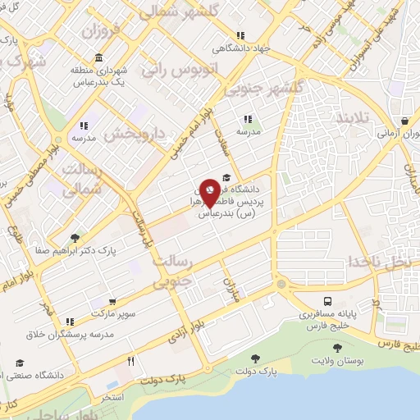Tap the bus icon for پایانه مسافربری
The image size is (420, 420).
(x=327, y=301)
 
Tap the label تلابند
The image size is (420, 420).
(x=353, y=119)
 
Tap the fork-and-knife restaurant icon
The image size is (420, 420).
(x=130, y=361)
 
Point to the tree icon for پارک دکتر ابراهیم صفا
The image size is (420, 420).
(x=75, y=238)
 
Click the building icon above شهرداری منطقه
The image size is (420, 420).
(x=98, y=57)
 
